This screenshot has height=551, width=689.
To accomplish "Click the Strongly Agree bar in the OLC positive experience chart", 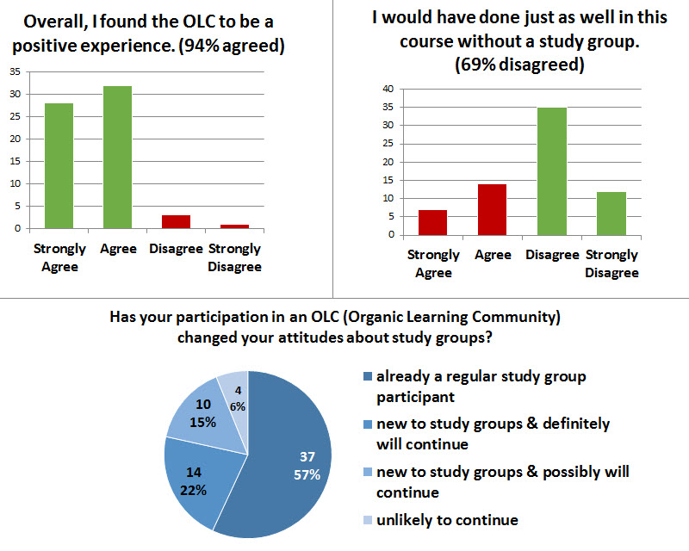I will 59,165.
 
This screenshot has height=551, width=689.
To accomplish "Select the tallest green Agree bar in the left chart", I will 118,157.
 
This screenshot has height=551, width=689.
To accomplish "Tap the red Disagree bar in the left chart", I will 176,221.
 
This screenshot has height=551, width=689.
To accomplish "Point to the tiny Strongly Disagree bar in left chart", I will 233,226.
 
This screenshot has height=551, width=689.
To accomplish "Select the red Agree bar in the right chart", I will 493,209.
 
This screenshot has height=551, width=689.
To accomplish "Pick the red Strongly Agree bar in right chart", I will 433,222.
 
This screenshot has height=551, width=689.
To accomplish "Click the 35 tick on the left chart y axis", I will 15,71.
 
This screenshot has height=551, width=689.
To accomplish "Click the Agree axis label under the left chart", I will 118,249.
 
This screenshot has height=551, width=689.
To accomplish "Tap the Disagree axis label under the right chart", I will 552,255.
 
